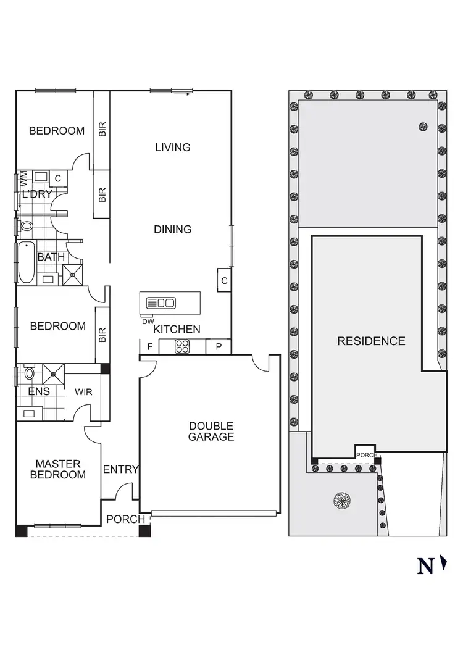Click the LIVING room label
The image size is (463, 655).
172,147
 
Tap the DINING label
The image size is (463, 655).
172,229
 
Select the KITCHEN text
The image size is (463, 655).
177,329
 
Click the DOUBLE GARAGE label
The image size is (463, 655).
211,431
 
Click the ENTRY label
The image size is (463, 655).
120,469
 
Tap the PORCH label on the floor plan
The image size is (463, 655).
125,519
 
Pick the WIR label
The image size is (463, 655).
84,391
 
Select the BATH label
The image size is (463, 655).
49,257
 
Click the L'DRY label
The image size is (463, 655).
37,194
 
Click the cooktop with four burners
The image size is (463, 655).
182,347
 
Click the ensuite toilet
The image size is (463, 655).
29,373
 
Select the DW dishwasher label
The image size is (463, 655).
148,321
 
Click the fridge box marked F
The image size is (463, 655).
149,347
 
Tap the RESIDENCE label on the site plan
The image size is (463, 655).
371,341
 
